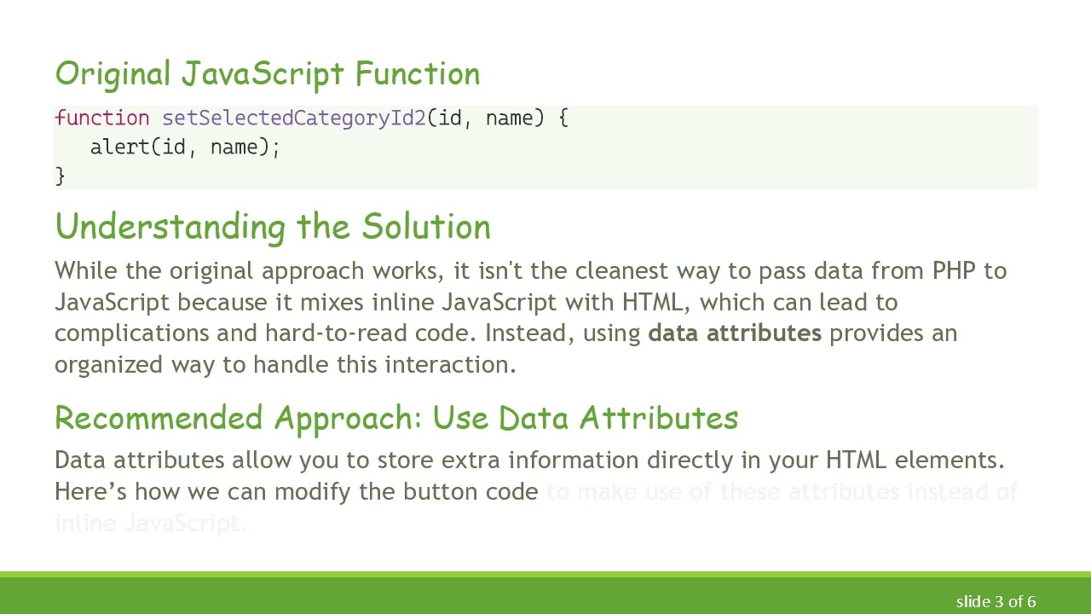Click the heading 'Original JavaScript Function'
click(267, 74)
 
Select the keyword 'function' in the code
click(101, 119)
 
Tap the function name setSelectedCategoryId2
click(294, 119)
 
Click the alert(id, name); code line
click(185, 148)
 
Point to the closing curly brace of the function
click(60, 176)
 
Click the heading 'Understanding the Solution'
click(273, 228)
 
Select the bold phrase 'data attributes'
click(734, 333)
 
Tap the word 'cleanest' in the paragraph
click(621, 271)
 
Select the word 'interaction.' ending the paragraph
click(450, 364)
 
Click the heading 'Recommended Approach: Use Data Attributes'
click(396, 419)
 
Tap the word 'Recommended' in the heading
click(160, 419)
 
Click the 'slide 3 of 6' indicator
click(996, 602)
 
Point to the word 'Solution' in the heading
click(426, 228)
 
